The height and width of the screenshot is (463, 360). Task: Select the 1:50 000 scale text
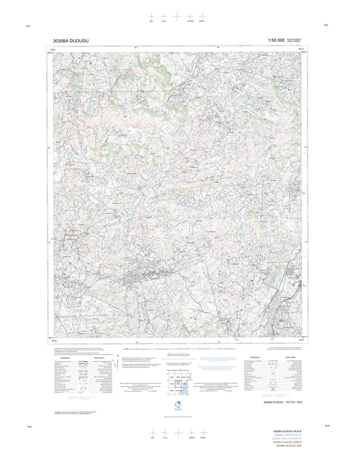click(276, 40)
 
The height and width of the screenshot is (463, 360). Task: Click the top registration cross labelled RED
click(151, 16)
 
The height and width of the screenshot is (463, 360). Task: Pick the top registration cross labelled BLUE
click(164, 16)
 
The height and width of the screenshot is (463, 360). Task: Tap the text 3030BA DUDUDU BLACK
click(287, 432)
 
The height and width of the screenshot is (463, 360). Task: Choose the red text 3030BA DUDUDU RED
click(287, 446)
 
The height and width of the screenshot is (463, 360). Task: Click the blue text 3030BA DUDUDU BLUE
click(287, 435)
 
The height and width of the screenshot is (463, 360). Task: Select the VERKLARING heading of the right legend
click(290, 357)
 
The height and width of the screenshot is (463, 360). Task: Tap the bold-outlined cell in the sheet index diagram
click(179, 384)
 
